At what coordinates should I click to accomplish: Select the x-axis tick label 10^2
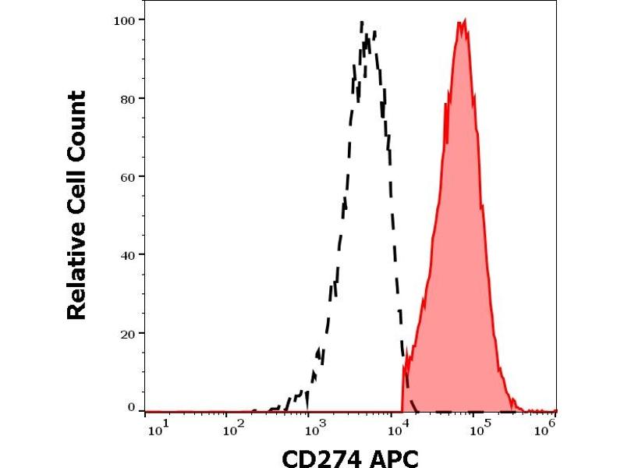click(x=235, y=427)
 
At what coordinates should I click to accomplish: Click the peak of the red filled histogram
click(x=462, y=22)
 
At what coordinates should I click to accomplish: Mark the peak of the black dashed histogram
click(x=363, y=24)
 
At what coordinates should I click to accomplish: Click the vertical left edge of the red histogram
click(x=402, y=386)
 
